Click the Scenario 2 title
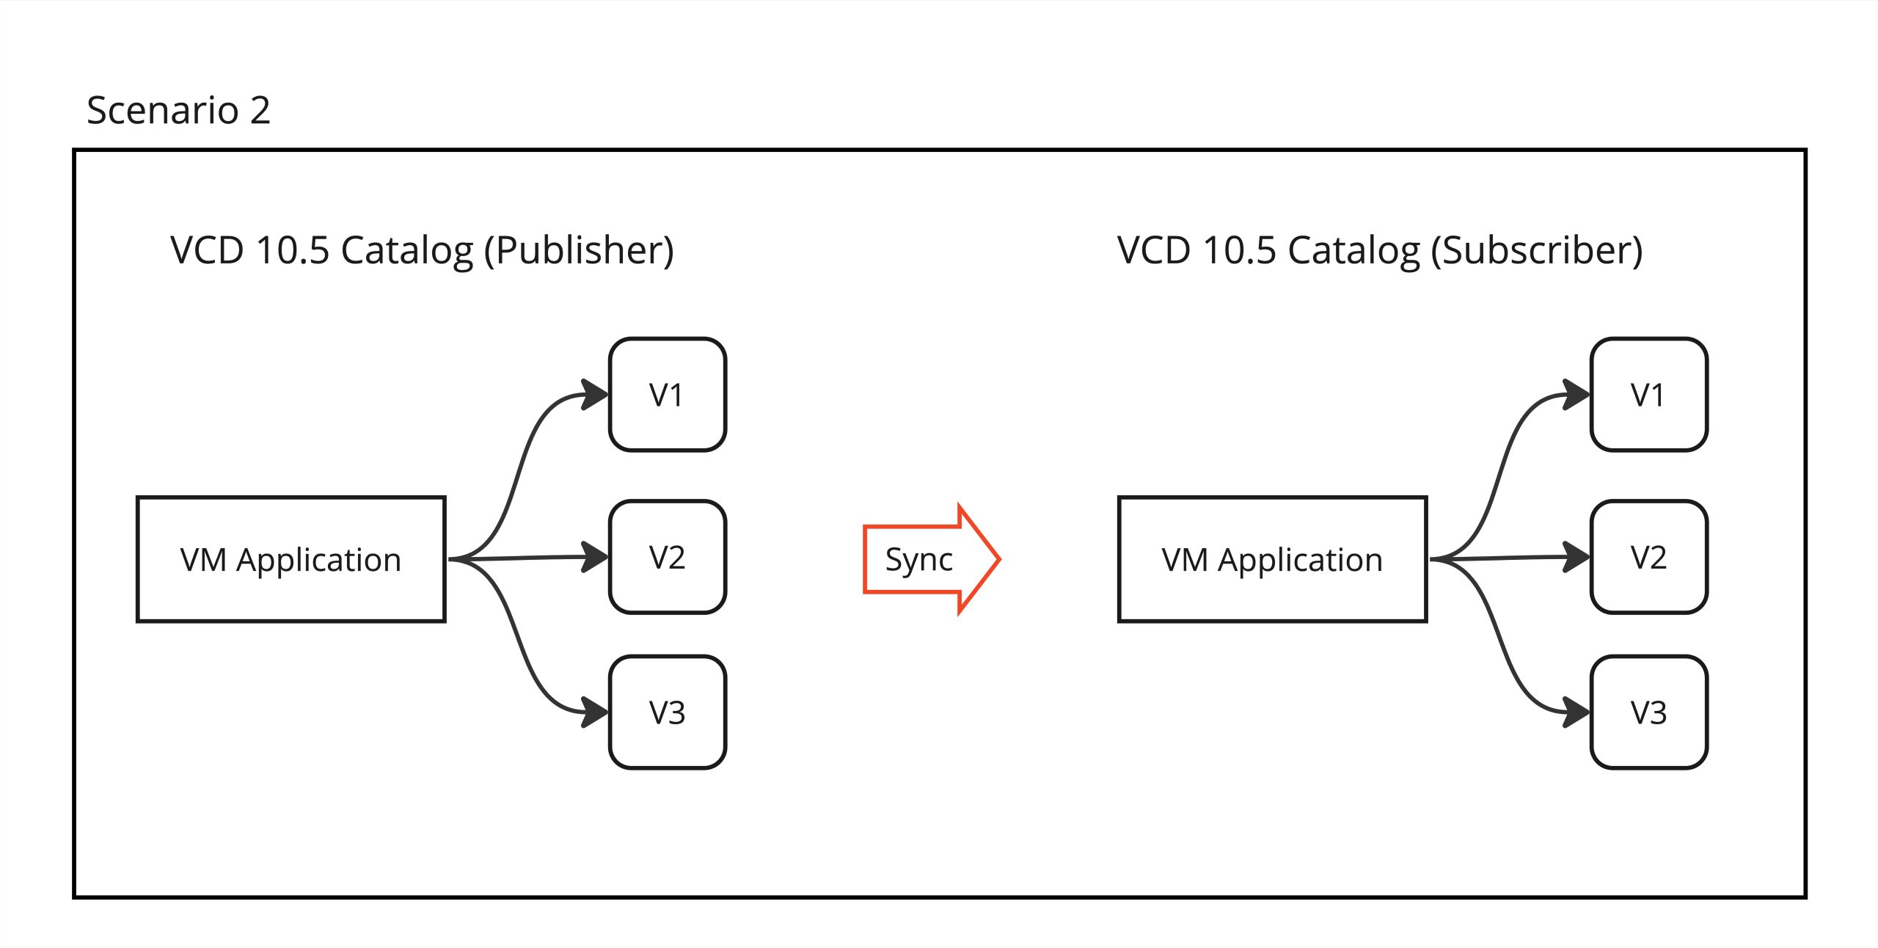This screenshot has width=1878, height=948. pos(178,111)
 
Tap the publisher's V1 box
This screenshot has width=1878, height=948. pos(668,395)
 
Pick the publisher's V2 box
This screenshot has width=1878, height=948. pos(668,558)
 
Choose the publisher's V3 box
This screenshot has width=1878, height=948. pos(668,712)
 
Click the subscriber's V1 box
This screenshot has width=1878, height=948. pos(1649,395)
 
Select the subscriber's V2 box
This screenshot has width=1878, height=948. pos(1649,558)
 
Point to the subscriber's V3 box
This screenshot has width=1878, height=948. pos(1649,712)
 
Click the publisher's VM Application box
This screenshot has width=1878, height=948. pos(291,560)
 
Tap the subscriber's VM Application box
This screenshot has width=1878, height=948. pos(1273,560)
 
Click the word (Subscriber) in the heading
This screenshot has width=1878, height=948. pos(1537,251)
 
